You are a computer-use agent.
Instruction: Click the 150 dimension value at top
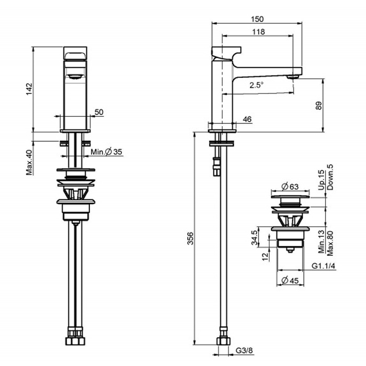(x=257, y=19)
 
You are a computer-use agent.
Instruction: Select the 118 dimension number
(x=258, y=32)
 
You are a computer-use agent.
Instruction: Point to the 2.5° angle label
(x=256, y=85)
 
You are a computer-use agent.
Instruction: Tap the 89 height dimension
(x=318, y=106)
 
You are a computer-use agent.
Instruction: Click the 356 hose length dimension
(x=190, y=238)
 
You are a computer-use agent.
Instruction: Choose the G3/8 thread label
(x=244, y=350)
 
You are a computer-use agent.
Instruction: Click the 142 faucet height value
(x=29, y=89)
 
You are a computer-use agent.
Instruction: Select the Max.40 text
(x=29, y=162)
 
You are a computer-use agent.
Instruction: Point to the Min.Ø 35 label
(x=107, y=152)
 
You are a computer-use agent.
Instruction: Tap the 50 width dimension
(x=99, y=112)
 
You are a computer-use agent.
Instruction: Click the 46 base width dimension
(x=247, y=119)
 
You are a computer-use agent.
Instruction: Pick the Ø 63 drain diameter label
(x=290, y=187)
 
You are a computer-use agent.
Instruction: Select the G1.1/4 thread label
(x=324, y=266)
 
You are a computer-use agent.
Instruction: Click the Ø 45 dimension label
(x=290, y=280)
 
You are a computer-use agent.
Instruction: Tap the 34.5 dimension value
(x=255, y=237)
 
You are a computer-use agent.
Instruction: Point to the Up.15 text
(x=322, y=180)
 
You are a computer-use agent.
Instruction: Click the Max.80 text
(x=330, y=243)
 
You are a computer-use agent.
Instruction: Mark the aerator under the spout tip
(x=293, y=76)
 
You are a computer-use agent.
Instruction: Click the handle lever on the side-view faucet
(x=226, y=53)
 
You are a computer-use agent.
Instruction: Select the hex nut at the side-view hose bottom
(x=223, y=341)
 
